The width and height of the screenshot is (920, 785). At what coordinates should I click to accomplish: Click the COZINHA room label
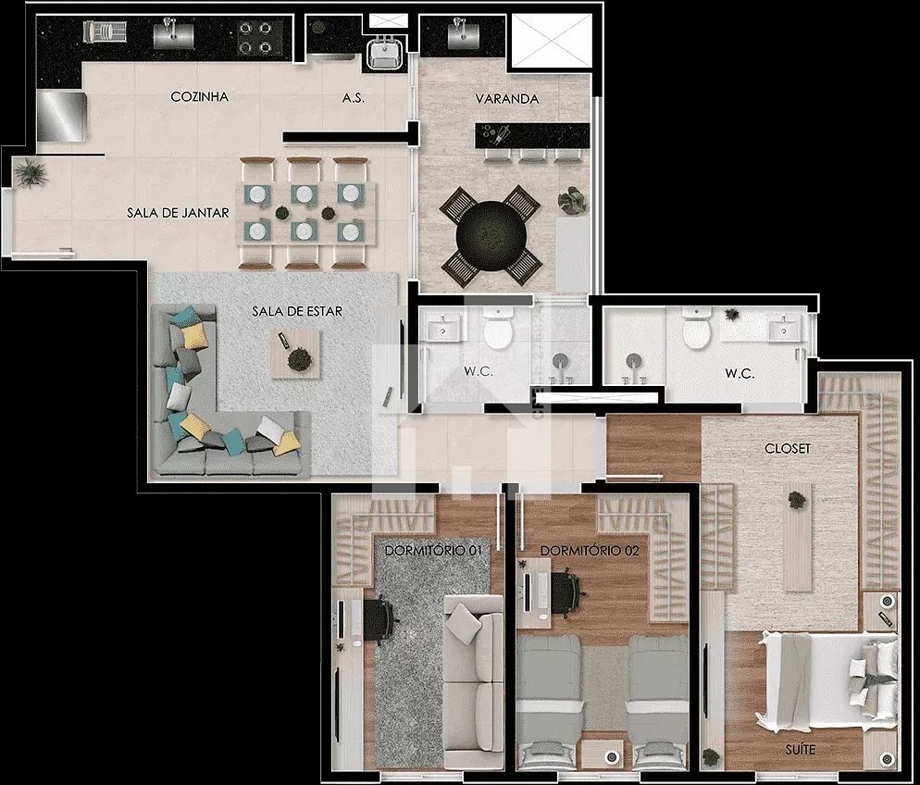tap(200, 97)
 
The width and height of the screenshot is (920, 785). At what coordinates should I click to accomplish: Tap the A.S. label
tap(354, 98)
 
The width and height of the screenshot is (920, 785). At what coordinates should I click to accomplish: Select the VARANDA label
tap(507, 98)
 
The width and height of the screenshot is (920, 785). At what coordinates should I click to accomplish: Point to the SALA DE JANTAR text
tap(178, 212)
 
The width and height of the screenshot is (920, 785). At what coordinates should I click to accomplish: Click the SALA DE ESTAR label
tap(297, 311)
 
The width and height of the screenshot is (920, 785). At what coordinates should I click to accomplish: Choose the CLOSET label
tap(788, 448)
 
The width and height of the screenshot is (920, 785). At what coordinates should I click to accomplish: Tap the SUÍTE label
tap(801, 749)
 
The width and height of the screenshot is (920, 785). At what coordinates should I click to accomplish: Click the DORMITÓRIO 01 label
tap(433, 550)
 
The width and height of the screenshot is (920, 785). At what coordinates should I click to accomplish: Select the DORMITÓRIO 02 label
tap(590, 550)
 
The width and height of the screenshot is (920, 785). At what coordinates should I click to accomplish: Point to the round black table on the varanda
tap(491, 235)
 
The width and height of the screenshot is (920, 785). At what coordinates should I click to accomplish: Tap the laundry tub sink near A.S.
tap(385, 53)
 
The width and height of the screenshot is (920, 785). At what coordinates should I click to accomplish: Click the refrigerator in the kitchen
tap(62, 116)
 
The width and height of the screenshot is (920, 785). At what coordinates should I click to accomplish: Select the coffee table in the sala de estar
tap(295, 354)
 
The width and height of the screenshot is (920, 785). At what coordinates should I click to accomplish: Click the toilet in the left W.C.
tap(498, 329)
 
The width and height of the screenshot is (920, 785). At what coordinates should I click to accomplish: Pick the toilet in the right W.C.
tap(696, 328)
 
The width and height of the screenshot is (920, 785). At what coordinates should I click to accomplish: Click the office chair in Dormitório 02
tap(566, 592)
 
